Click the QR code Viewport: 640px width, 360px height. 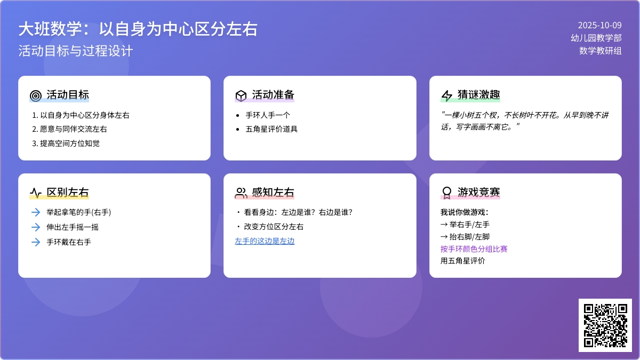[605, 325]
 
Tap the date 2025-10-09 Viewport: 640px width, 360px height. [599, 26]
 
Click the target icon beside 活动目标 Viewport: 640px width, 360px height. [36, 95]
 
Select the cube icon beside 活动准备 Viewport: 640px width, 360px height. [241, 95]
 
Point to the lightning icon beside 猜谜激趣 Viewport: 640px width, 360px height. [446, 95]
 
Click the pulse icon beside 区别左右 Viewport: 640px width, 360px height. [36, 193]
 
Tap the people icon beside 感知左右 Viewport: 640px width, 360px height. [241, 193]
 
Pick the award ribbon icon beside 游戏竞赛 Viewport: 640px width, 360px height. [446, 193]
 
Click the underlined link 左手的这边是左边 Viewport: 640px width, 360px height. [265, 241]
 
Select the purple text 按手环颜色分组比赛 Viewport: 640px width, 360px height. [474, 249]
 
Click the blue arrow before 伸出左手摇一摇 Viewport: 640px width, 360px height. [36, 227]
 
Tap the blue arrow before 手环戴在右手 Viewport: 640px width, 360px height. [36, 242]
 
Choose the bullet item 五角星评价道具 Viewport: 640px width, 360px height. [271, 129]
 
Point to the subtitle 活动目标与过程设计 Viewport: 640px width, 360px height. [76, 51]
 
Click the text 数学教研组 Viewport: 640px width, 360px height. [601, 51]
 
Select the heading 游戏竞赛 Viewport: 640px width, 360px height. [479, 193]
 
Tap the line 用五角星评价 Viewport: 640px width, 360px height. [463, 261]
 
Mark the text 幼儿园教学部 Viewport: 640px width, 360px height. [596, 38]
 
